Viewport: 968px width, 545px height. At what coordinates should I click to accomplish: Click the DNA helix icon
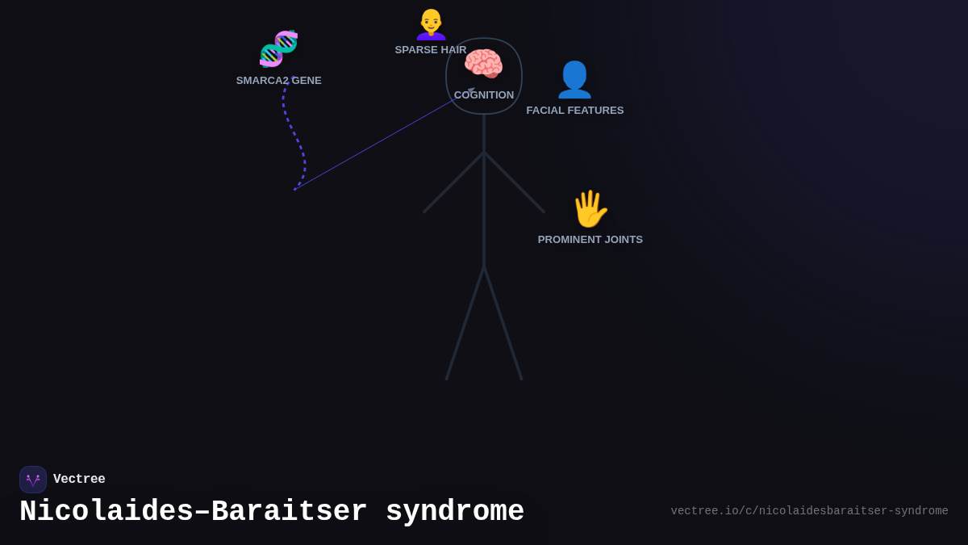click(278, 48)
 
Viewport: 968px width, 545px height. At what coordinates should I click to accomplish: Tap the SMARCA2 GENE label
click(278, 81)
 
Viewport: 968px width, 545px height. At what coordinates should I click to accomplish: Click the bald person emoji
click(431, 24)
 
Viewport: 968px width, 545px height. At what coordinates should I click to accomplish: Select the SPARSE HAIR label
click(430, 50)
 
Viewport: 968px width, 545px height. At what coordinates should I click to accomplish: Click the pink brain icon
click(483, 65)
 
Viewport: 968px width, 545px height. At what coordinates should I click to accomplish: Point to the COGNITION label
click(484, 95)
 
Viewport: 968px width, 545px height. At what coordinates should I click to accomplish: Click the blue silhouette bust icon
click(574, 79)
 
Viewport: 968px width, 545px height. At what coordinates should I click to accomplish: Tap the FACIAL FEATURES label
click(574, 111)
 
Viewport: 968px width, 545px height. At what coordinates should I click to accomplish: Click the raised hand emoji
click(590, 209)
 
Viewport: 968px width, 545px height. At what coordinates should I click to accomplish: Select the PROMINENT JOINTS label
click(590, 240)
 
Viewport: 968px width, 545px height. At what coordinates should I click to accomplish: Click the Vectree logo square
click(33, 480)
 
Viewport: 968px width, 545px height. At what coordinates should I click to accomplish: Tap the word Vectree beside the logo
click(79, 480)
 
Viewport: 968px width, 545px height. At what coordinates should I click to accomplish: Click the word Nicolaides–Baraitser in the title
click(194, 512)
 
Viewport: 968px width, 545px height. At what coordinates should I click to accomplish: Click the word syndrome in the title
click(455, 512)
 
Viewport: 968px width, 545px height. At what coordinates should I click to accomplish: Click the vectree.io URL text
click(809, 511)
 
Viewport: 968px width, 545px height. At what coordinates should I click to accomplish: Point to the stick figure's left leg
click(465, 323)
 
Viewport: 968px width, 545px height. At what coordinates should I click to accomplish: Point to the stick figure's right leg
click(503, 323)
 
